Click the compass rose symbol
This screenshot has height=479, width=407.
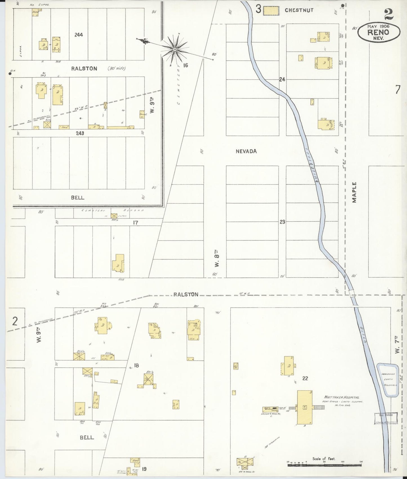[x=175, y=49]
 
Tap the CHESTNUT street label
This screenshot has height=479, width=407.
[x=299, y=10]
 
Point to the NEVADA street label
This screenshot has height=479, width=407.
[x=246, y=151]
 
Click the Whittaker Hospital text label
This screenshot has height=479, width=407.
[x=342, y=397]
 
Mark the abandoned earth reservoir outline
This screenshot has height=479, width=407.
[x=388, y=380]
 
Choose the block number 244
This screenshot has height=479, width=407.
[x=79, y=35]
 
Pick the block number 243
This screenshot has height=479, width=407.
[x=80, y=133]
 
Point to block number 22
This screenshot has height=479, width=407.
[x=305, y=378]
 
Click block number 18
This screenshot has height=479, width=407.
[x=136, y=365]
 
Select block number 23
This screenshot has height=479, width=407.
[x=282, y=222]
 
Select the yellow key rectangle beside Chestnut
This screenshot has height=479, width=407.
[x=271, y=11]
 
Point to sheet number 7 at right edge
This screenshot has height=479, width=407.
[x=397, y=90]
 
